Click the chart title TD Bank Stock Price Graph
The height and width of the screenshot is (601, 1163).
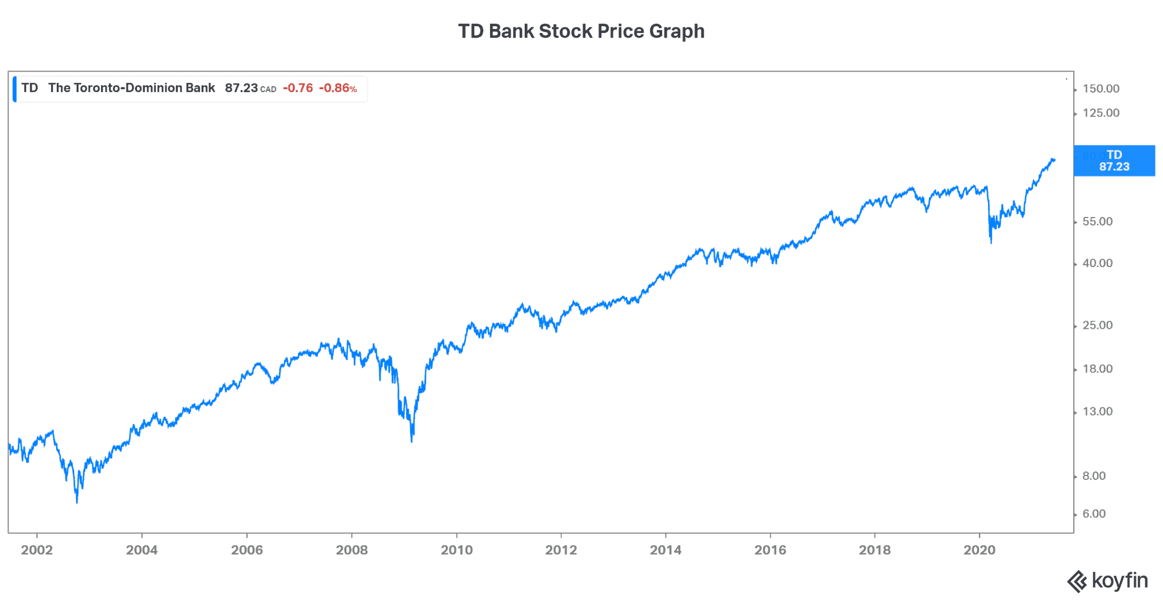[581, 31]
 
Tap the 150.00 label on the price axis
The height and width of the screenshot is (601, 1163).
[1101, 89]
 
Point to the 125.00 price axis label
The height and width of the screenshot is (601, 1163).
[1101, 113]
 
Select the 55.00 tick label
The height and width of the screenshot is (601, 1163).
[1097, 222]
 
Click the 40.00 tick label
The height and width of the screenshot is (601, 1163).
[1097, 263]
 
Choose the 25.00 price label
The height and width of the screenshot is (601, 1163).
[1097, 325]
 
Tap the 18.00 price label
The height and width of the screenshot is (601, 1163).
[1097, 369]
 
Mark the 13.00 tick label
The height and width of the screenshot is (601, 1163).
[1097, 411]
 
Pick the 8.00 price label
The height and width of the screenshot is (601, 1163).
[1094, 476]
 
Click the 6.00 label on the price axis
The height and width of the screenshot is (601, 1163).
[1094, 514]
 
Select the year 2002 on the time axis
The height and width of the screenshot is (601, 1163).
[37, 550]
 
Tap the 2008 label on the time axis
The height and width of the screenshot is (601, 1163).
[352, 550]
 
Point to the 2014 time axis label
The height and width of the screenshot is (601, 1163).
[666, 550]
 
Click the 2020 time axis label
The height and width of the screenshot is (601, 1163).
[980, 550]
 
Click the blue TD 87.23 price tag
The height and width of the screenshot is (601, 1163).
[1114, 161]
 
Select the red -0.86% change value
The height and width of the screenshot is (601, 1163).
[338, 88]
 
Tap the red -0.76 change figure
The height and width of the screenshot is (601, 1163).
[298, 88]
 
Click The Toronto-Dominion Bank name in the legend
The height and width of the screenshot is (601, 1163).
[132, 88]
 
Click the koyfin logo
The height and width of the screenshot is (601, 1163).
[1107, 581]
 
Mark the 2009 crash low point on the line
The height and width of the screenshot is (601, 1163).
[412, 440]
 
